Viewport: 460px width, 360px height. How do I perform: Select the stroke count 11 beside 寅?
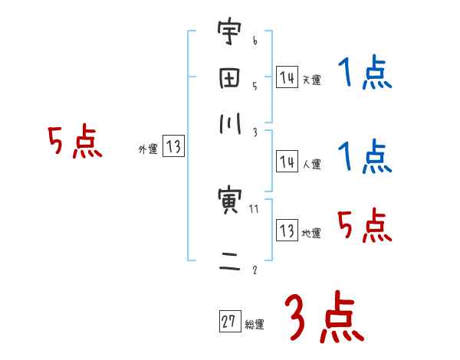coord(254,208)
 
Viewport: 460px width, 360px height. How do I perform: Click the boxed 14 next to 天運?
coord(287,77)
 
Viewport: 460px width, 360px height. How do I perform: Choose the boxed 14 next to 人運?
coord(287,162)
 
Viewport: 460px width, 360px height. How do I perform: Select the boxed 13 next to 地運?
coord(287,231)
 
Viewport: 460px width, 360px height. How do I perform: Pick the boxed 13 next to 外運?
coord(174,148)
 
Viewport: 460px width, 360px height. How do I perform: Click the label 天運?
coord(311,80)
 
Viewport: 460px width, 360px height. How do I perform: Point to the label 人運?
coord(311,164)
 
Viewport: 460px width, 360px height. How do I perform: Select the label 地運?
coord(311,233)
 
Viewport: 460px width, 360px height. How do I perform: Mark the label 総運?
coord(255,325)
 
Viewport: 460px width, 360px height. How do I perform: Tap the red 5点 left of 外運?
coord(74,142)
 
